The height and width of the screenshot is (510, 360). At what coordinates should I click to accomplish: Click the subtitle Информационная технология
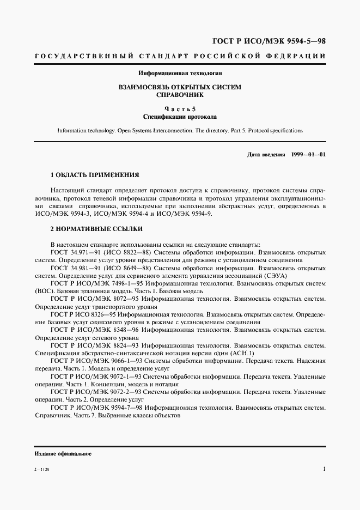coord(180,72)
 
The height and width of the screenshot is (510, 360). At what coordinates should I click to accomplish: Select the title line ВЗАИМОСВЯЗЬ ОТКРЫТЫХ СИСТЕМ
coord(180,87)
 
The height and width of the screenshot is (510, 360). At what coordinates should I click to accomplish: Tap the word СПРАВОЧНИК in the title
coord(180,95)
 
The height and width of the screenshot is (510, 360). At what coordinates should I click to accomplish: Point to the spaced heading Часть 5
coord(180,108)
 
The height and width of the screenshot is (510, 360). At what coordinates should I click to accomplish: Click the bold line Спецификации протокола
coord(180,117)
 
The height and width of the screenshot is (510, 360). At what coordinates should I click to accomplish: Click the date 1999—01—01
coord(308,155)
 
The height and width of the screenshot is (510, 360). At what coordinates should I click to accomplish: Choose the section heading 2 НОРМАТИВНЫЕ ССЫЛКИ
coord(96,229)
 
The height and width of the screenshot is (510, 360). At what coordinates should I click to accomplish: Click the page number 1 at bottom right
coord(324,469)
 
